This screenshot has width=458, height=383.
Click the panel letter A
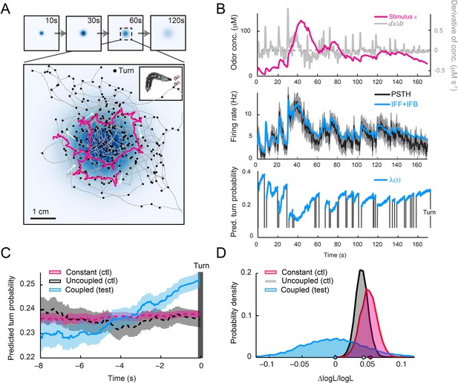click(6, 10)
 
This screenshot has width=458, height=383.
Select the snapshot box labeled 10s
click(41, 33)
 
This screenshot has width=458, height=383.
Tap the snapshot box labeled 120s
click(168, 33)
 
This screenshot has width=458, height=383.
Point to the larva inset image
click(160, 83)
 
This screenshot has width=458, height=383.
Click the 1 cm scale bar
click(43, 218)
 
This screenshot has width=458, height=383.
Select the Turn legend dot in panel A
click(115, 71)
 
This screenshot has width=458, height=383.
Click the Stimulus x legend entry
click(396, 16)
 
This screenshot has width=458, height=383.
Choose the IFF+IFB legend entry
click(396, 103)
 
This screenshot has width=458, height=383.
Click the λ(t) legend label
click(387, 180)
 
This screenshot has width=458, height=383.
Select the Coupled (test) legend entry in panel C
click(81, 289)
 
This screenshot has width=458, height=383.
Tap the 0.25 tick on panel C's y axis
click(30, 285)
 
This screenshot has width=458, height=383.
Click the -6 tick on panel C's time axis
click(81, 366)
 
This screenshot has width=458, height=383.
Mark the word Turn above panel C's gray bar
click(201, 266)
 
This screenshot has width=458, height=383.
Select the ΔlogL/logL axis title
click(336, 379)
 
